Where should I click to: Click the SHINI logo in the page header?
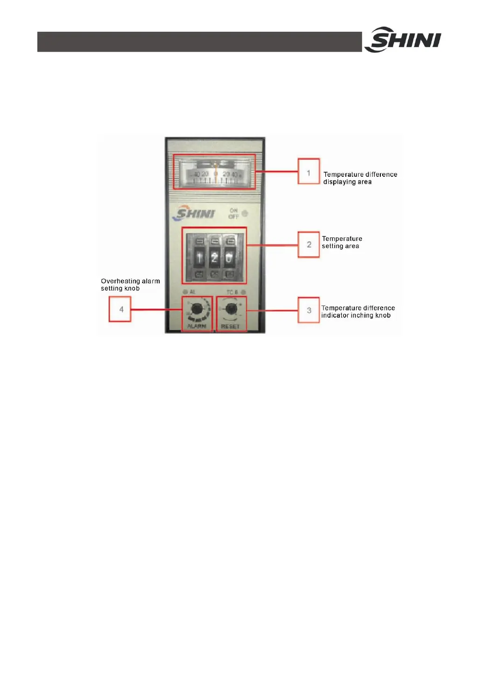point(403,40)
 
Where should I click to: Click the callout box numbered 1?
point(309,172)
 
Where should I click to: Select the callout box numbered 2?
point(309,244)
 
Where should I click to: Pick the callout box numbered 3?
point(309,310)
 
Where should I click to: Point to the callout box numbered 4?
point(120,309)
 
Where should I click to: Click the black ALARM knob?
point(197,308)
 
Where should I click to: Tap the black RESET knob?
point(231,309)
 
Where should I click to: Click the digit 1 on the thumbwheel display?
point(199,257)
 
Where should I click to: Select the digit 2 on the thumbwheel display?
point(214,257)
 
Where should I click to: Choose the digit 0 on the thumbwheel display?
point(229,257)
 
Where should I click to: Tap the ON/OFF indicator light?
point(245,214)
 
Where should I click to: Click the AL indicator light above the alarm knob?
point(186,292)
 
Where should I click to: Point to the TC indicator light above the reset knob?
point(243,292)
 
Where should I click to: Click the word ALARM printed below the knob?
point(197,326)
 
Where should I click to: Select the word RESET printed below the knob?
point(230,326)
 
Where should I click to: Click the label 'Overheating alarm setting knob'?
point(130,284)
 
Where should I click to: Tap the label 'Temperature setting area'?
point(342,242)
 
